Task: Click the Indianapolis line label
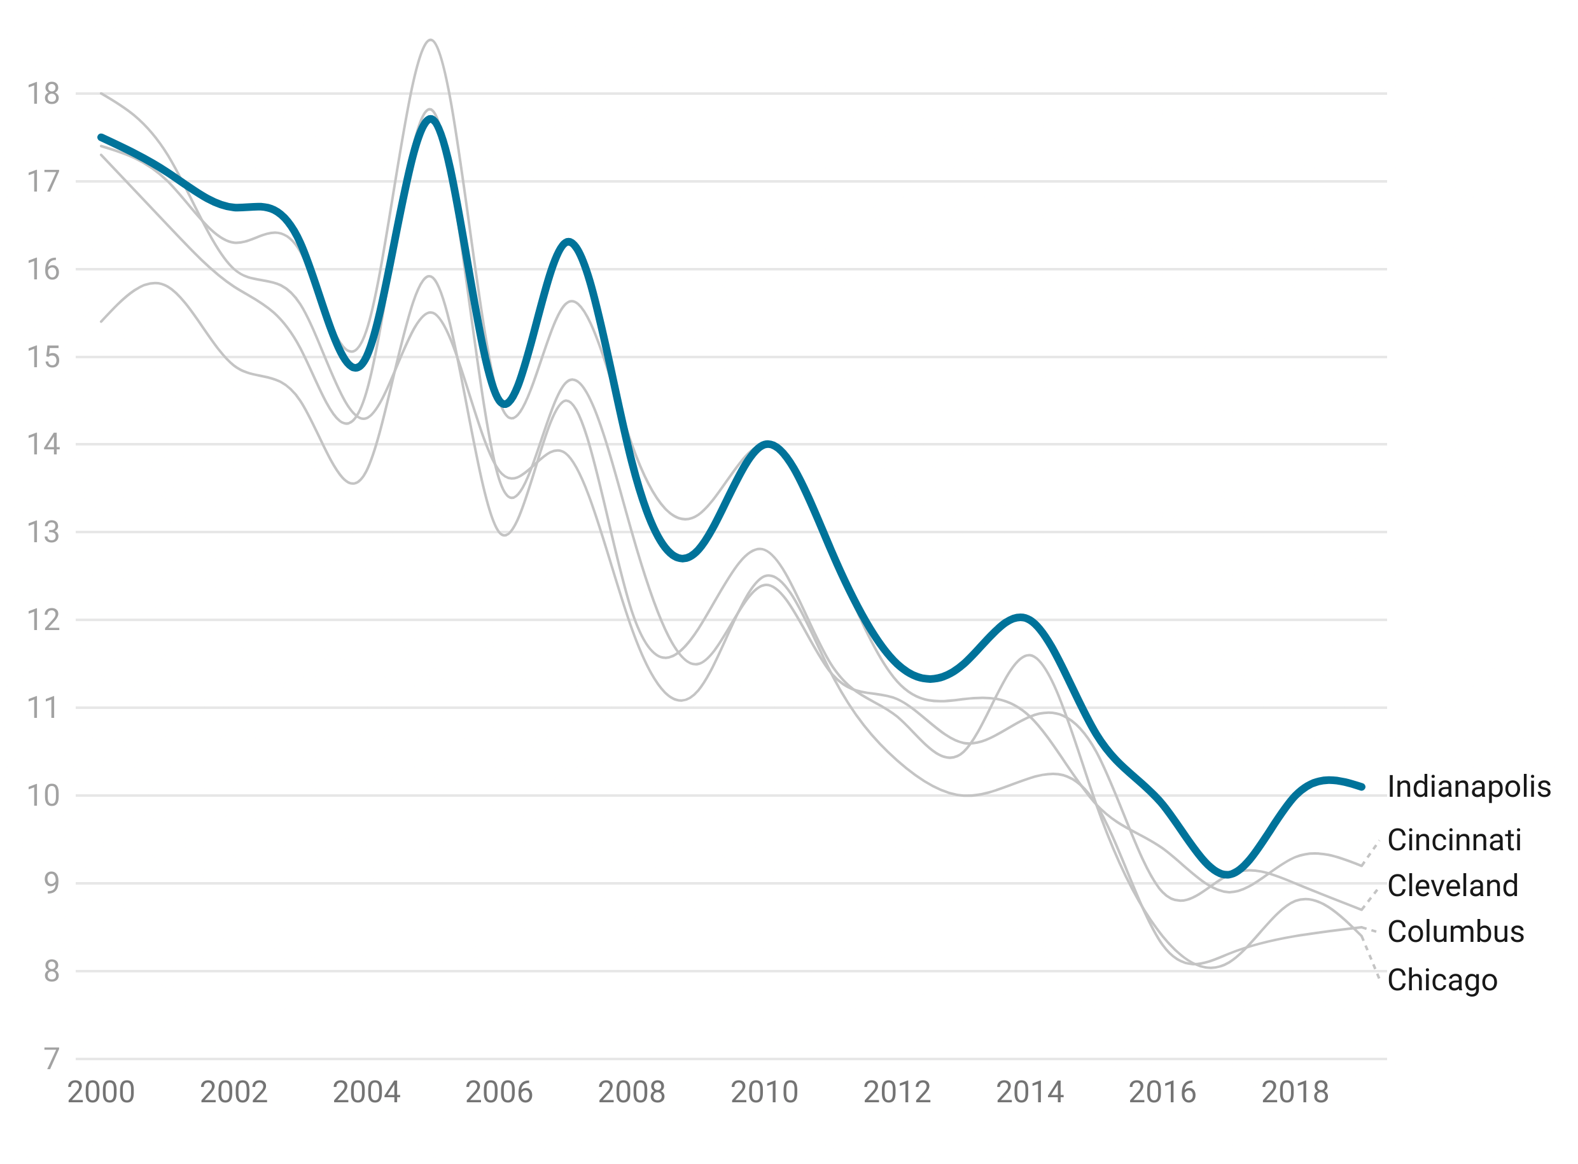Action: pos(1468,787)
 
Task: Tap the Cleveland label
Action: pos(1452,887)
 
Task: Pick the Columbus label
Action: pos(1455,932)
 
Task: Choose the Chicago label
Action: pos(1442,980)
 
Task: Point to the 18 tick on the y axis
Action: pos(44,94)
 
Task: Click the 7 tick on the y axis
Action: pos(52,1059)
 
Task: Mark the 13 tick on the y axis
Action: pos(44,533)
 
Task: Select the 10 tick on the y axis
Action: pos(44,796)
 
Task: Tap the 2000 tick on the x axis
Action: pos(101,1093)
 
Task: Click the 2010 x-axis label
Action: pos(764,1093)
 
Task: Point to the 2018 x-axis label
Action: pos(1295,1093)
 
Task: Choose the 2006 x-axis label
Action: pos(499,1093)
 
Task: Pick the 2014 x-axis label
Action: pos(1030,1093)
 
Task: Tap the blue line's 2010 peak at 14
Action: pos(768,444)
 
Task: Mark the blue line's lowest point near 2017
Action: pos(1228,874)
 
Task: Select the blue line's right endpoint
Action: pos(1362,787)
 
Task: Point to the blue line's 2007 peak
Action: pos(568,242)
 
